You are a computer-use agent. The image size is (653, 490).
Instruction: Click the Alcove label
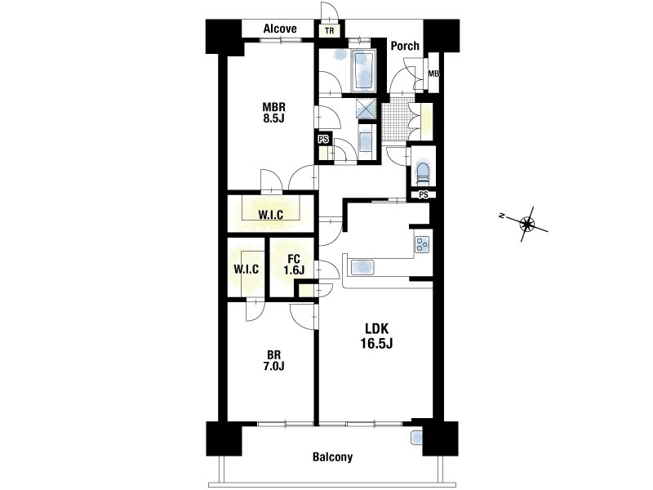point(280,29)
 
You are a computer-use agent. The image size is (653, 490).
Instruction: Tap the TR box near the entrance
point(329,31)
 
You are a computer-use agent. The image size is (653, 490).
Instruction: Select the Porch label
point(405,46)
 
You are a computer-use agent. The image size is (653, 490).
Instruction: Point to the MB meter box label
point(433,74)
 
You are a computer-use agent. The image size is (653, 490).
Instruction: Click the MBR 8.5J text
point(273,112)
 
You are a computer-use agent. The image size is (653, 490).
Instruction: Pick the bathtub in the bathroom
point(363,71)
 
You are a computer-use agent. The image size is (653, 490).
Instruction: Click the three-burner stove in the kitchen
point(421,244)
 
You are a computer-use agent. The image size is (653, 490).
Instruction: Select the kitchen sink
point(362,267)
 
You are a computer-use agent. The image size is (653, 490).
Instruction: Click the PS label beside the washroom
point(323,140)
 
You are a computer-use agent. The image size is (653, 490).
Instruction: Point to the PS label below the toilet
point(424,194)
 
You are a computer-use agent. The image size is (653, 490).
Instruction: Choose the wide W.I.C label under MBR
point(271,215)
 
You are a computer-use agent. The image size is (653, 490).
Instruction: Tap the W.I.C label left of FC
point(246,269)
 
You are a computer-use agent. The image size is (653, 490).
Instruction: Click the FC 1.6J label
point(294,264)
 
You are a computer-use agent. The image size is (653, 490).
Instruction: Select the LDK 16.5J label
point(377,336)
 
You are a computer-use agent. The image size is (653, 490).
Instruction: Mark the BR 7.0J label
point(273,360)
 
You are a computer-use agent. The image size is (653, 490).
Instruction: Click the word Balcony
point(332,457)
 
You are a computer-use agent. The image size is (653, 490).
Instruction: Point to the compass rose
point(526,224)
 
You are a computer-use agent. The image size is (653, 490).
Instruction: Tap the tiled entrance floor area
point(394,122)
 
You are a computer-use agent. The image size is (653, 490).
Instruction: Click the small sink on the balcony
point(416,437)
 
